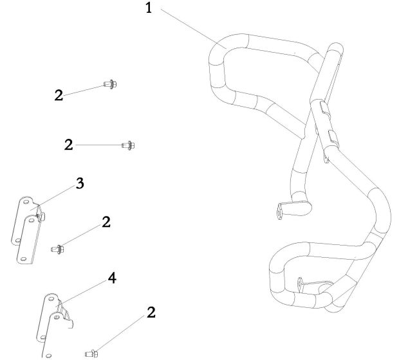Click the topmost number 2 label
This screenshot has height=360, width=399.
(59, 95)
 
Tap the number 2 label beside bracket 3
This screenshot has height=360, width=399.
(106, 222)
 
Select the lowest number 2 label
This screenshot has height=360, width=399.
(151, 313)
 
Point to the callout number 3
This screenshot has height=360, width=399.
(80, 184)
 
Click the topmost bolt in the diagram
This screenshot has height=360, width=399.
(109, 84)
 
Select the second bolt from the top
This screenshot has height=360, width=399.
(127, 145)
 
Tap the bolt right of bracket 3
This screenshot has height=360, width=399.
(56, 247)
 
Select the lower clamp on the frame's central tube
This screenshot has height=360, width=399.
(332, 136)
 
